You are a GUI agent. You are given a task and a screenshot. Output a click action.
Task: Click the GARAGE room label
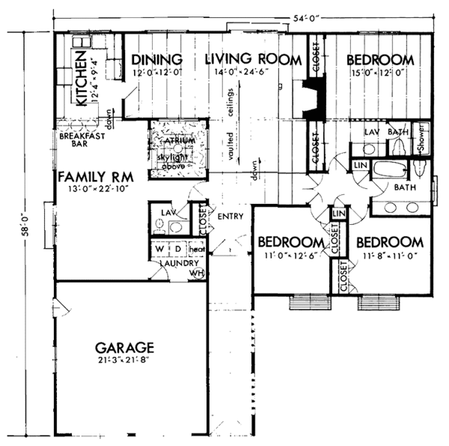click(x=125, y=347)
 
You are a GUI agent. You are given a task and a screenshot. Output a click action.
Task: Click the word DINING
click(x=157, y=60)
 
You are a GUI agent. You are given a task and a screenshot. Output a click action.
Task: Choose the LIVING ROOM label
click(x=253, y=60)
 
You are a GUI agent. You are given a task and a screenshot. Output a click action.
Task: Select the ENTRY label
click(x=227, y=216)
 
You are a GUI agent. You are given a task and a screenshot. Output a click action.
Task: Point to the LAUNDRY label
click(x=178, y=263)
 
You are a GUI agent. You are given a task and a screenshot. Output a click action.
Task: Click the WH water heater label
click(x=198, y=273)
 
